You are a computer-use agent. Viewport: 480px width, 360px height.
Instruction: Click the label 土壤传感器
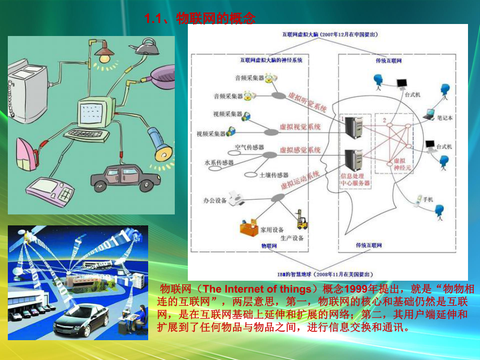[x=274, y=175]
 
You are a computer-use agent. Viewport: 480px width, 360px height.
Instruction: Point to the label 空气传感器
[x=249, y=148]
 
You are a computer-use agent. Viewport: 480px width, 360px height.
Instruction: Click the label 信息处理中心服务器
[x=355, y=179]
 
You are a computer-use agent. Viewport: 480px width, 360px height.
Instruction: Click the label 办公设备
[x=215, y=201]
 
